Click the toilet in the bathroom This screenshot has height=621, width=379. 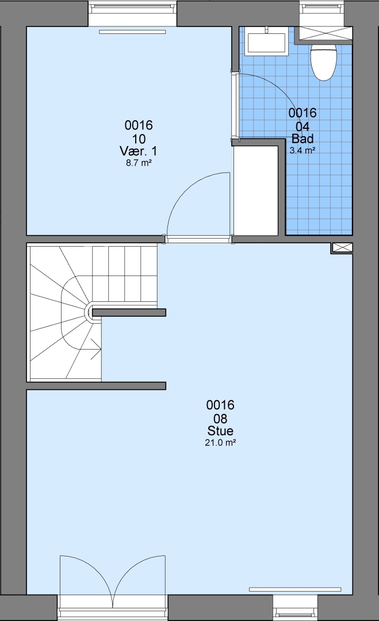tap(324, 62)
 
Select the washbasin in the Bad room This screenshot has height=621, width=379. tap(266, 43)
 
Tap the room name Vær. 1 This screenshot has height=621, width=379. tap(138, 151)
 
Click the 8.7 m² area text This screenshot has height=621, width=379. tap(139, 162)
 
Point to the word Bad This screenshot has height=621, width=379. tap(303, 139)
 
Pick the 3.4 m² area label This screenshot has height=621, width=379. tap(303, 150)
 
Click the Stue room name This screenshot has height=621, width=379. tap(220, 431)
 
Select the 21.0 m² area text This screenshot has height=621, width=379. tap(220, 442)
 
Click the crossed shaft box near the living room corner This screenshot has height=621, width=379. tap(342, 248)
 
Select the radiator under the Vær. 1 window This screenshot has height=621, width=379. tap(132, 32)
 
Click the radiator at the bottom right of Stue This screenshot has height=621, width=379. tap(295, 589)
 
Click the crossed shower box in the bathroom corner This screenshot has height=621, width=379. tap(325, 33)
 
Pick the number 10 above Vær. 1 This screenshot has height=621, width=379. tap(139, 139)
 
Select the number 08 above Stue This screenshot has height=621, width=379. tap(220, 419)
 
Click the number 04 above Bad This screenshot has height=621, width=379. tap(303, 126)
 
